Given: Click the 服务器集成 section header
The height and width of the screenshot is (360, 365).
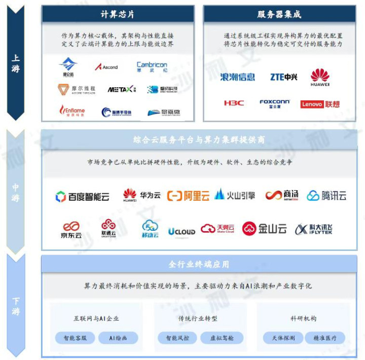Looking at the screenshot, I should coord(279,14).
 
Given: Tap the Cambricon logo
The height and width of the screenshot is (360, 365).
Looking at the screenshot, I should coord(152,67).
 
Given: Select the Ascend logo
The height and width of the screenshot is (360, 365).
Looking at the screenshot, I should coord(106,67).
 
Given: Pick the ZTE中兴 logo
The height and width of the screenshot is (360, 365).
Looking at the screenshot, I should coord(283,77).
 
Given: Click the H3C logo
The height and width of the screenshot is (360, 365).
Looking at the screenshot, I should coord(234,103).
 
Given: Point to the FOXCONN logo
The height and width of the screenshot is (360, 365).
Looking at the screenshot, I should coord(274,103).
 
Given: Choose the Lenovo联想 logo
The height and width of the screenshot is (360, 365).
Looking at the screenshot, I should coord(320,104).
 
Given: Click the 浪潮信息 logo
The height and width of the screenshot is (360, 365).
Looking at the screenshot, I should coord(238,77).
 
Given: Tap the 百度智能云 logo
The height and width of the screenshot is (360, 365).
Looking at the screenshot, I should coord(82,196).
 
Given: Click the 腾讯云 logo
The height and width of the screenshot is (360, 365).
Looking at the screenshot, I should coord(326,196).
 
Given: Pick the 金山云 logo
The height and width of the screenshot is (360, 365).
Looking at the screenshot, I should coord(264,229).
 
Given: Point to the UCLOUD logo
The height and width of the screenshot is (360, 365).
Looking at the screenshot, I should coord(181,231).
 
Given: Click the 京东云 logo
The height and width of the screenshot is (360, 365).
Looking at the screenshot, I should coord(70,230).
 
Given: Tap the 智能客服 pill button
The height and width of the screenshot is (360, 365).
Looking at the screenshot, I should coord(75,338).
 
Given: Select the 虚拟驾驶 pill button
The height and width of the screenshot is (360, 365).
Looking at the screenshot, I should coord(222,338).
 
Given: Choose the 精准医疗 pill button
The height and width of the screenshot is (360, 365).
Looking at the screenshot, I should coord(325,338).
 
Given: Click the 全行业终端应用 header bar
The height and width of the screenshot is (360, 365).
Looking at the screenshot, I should coord(199,264).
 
